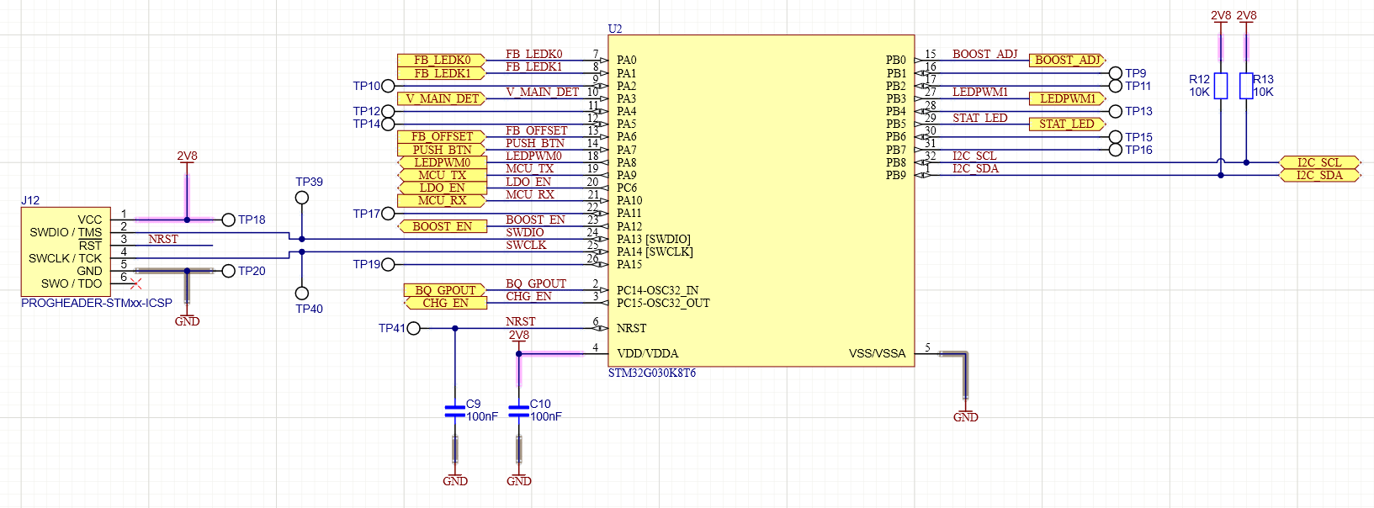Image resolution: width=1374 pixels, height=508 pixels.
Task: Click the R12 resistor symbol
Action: click(x=1221, y=86)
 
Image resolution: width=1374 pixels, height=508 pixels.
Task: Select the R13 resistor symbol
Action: click(x=1246, y=86)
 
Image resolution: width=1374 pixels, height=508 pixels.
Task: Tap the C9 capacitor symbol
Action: click(x=455, y=410)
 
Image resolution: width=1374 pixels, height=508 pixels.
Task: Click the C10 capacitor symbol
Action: click(x=519, y=410)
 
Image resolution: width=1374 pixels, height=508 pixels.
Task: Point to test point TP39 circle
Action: click(x=302, y=198)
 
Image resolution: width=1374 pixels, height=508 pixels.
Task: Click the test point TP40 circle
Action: click(x=302, y=294)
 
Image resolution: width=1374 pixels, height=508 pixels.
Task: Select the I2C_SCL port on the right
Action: click(x=1318, y=162)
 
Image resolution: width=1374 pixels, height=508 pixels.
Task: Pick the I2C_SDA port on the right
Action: click(x=1318, y=175)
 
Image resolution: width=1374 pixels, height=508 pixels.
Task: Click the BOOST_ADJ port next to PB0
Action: click(x=1067, y=60)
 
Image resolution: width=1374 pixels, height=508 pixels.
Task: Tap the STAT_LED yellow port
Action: click(x=1066, y=124)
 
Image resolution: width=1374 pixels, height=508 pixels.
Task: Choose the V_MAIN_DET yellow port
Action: click(x=442, y=98)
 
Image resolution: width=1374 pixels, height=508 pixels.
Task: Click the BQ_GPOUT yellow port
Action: click(x=445, y=290)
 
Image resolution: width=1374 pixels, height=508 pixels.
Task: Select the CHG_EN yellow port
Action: click(x=445, y=303)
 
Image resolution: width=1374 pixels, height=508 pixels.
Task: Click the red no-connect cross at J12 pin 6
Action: click(x=136, y=283)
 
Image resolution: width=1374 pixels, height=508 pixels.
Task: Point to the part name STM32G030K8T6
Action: click(x=652, y=373)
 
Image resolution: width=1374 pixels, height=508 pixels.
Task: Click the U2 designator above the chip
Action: click(x=615, y=29)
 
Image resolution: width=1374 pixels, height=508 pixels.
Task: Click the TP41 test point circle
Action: click(x=413, y=328)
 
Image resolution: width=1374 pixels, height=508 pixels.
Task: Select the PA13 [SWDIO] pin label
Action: click(x=653, y=239)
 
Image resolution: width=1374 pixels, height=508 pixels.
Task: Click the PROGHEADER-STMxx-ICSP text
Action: click(x=97, y=303)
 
